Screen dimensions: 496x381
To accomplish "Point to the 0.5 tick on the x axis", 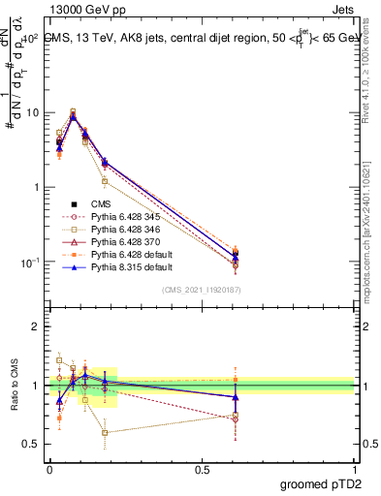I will coord(202,469).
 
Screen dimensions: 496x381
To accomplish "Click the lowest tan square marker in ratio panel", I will coord(105,433).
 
